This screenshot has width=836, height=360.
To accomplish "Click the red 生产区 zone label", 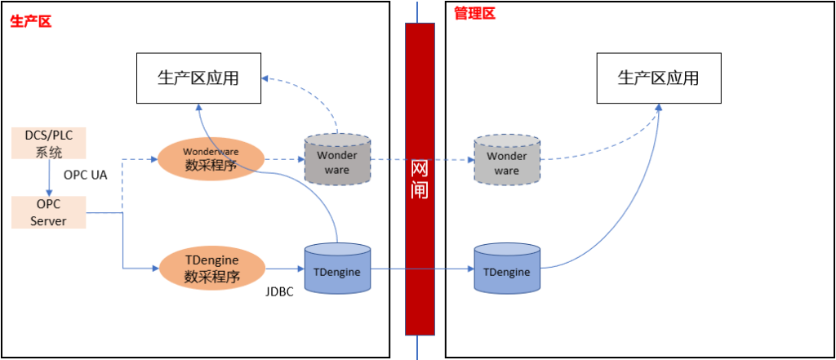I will (30, 22).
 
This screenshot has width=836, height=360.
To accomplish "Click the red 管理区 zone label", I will (474, 13).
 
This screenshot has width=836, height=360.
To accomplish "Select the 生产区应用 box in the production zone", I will (198, 78).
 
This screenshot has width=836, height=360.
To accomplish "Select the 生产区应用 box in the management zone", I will (659, 78).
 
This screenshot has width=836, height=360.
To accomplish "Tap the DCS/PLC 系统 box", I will (48, 143).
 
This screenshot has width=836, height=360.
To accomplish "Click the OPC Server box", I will (48, 212).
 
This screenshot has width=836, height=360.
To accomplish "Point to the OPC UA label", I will (86, 174).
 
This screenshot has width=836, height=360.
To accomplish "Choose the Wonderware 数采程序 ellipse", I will (211, 158).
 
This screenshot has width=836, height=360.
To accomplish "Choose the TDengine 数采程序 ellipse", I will (211, 268).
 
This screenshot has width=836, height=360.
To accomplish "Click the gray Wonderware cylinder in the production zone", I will (337, 160).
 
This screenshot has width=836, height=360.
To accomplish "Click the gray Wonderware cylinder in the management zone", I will (506, 160).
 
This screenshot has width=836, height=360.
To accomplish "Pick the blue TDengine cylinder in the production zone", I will (337, 269).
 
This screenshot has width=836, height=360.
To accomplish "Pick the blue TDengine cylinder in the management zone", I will (506, 269).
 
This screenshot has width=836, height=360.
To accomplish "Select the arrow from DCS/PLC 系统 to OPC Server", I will (49, 177).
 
